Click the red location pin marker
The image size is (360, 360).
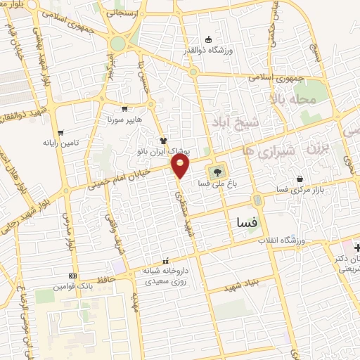[x=181, y=166]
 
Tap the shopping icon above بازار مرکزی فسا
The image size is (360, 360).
[x=301, y=179]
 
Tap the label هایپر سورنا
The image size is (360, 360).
[x=125, y=119]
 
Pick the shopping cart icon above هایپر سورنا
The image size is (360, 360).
[x=125, y=108]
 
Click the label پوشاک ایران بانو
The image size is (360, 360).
[x=163, y=151]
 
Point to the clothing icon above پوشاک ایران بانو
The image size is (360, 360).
[x=163, y=141]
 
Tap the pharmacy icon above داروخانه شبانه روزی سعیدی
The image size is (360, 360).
[x=165, y=260]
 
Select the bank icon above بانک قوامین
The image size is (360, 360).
[x=72, y=276]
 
